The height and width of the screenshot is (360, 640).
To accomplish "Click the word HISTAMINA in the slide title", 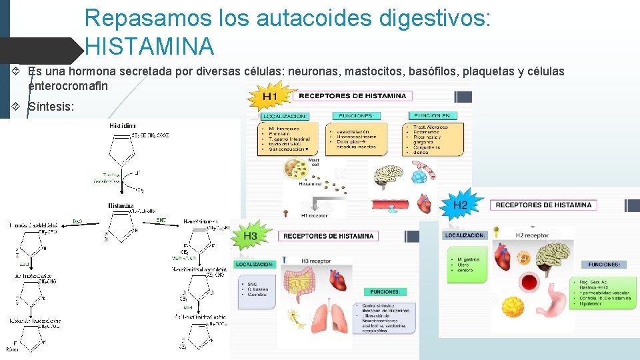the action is [x=150, y=47].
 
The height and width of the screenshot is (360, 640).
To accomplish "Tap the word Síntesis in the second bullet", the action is [x=51, y=106].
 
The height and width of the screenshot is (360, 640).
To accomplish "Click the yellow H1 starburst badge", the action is [x=269, y=97].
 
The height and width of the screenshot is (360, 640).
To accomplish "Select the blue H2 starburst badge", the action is [x=461, y=205].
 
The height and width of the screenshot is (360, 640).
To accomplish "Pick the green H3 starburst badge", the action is [x=251, y=236].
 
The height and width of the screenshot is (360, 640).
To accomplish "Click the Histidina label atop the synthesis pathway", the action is [x=122, y=125].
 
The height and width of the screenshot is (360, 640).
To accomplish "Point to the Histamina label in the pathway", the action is [x=121, y=206].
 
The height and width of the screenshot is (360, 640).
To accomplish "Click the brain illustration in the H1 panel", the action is [x=387, y=175].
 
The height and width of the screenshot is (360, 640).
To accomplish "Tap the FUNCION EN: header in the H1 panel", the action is [x=432, y=115].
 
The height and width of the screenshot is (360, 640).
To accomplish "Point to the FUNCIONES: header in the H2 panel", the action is [x=603, y=265].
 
